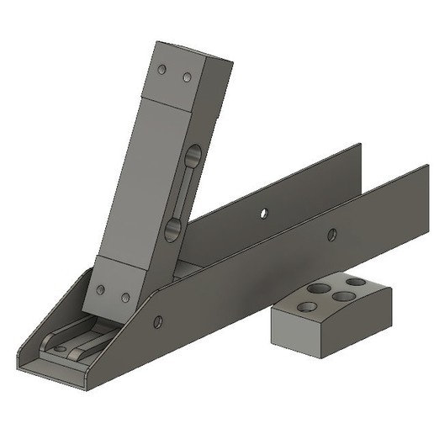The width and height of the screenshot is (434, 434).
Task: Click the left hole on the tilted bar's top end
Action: click(164, 71)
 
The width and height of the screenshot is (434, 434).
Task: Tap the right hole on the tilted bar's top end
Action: click(187, 77)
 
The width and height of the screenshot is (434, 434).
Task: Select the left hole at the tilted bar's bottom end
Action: click(101, 289)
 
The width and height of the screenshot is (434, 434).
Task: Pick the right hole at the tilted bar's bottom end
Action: click(125, 298)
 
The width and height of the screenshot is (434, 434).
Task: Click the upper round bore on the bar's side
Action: click(193, 157)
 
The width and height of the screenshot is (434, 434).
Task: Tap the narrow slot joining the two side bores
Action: click(183, 193)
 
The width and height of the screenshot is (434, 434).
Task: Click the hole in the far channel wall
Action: click(264, 213)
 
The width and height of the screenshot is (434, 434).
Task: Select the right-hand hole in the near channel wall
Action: click(332, 235)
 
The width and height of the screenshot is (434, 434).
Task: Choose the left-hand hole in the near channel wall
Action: click(157, 320)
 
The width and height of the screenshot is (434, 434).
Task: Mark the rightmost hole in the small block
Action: click(356, 281)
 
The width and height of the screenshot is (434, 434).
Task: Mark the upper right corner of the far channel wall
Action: click(360, 145)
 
